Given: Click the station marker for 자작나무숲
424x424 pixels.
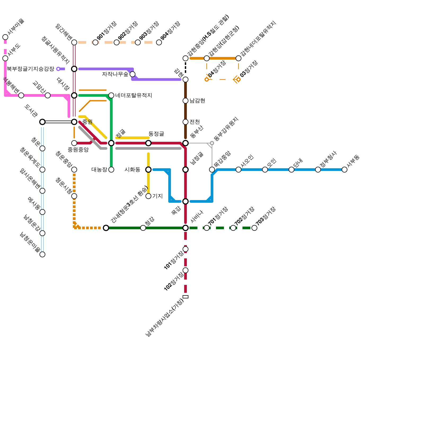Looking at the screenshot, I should (132, 74).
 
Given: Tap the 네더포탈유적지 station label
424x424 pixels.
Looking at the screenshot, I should (134, 95).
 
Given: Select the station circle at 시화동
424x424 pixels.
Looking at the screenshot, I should (148, 170).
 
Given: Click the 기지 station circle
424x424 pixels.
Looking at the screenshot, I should (148, 196).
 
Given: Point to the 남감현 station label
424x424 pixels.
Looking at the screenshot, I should (197, 101).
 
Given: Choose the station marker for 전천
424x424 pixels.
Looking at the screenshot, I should (185, 122).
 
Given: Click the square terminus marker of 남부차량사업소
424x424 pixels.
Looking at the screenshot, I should (185, 297).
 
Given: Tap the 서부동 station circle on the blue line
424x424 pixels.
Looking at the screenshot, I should (344, 170).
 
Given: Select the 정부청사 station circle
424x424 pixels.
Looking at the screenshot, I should (318, 170).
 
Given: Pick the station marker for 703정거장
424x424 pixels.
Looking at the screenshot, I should (254, 228).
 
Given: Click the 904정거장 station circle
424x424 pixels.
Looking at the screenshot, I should (159, 42).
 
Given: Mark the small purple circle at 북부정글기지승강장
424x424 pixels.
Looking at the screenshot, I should (58, 69).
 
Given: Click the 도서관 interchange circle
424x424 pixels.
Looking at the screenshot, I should (42, 122).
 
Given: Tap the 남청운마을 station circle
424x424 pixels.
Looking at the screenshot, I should (42, 254).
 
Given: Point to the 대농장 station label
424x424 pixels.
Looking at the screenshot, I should (99, 170).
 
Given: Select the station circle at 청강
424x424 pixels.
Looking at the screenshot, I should (143, 228).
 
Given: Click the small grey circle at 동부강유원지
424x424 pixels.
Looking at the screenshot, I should (212, 143).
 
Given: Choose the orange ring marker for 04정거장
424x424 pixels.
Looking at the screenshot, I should (207, 79).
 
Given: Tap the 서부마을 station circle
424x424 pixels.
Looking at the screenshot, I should (5, 37).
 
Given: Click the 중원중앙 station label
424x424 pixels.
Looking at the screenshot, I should (78, 150).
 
